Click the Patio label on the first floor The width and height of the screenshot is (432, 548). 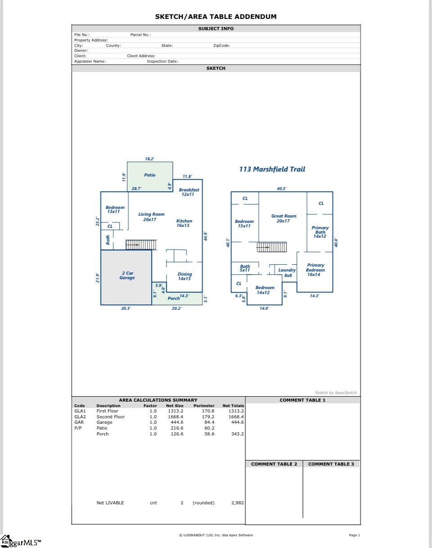click(x=150, y=175)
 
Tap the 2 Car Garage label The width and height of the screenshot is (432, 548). click(x=127, y=276)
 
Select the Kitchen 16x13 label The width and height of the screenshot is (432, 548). click(x=184, y=223)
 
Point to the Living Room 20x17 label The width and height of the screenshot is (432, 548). click(x=151, y=217)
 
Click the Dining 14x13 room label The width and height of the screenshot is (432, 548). click(x=184, y=276)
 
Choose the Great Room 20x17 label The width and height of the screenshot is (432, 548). click(x=283, y=218)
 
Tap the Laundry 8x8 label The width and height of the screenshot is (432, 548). click(x=287, y=273)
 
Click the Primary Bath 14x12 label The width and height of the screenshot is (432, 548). click(x=320, y=232)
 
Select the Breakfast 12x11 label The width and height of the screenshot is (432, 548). click(x=189, y=192)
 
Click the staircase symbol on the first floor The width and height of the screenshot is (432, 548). click(x=141, y=245)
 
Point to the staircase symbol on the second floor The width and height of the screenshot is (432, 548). click(x=271, y=247)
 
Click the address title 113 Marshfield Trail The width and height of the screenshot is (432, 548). click(x=272, y=169)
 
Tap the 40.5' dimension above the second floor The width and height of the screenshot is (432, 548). click(x=281, y=189)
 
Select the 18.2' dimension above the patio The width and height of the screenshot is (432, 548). click(x=150, y=159)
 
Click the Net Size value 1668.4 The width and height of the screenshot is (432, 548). click(x=175, y=417)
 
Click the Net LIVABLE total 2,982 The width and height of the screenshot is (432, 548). click(x=237, y=503)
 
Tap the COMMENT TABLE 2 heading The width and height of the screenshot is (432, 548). click(x=274, y=464)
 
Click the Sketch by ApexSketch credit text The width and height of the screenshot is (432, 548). click(x=336, y=393)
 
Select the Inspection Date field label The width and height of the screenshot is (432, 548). click(x=162, y=61)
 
